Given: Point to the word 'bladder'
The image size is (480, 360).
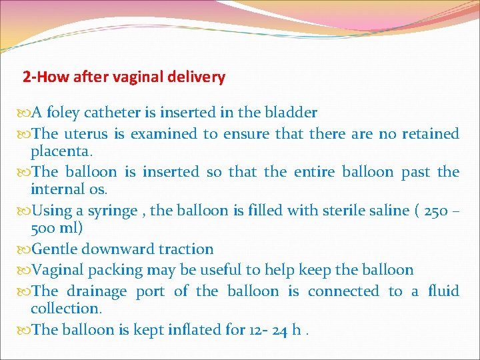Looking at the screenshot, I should coord(291,113).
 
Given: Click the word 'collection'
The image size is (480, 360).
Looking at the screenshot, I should coord(65,309).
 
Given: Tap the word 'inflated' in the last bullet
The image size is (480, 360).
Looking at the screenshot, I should coord(193,330).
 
